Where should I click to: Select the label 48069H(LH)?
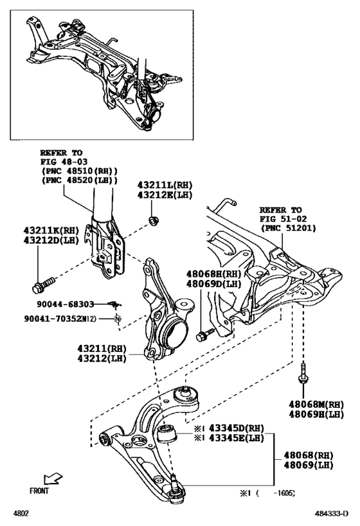point(316,416)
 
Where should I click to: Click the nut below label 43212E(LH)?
point(153,222)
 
